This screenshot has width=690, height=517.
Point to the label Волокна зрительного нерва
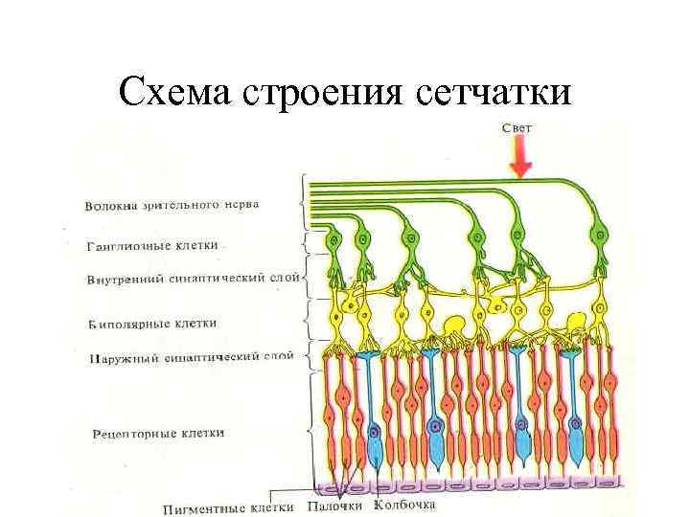pos(172,204)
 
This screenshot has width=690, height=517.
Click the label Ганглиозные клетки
pos(152,245)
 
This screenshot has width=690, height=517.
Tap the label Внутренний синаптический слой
pos(192,279)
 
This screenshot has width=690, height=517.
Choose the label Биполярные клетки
pos(152,324)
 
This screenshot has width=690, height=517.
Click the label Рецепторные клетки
pos(159,433)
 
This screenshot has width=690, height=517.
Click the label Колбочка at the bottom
pos(404,505)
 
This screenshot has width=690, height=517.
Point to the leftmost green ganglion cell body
pos(334,240)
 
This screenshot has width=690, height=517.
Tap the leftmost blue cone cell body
pos(374,445)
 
